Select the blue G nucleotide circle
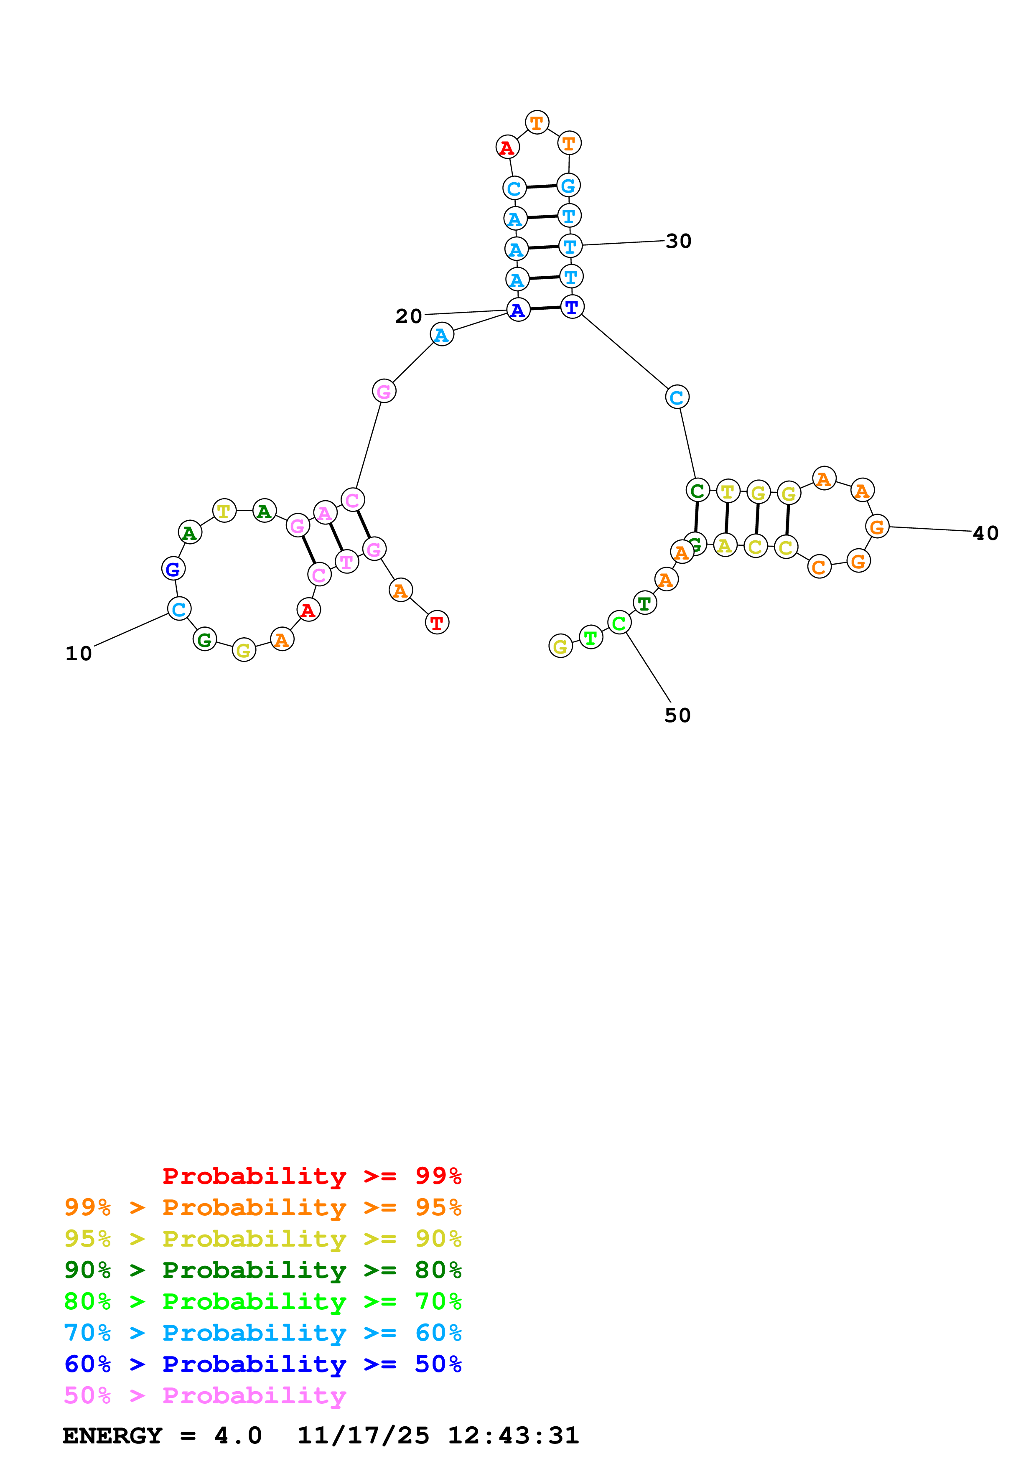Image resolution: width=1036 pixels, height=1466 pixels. coord(173,568)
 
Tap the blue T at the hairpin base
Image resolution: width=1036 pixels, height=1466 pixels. coord(572,307)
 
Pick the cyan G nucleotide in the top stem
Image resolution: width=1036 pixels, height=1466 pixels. coord(568,186)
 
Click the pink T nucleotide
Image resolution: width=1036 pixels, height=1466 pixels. coord(346,562)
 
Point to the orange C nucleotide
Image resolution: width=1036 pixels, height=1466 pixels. coord(819,566)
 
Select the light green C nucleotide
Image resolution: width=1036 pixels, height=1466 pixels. coord(619,623)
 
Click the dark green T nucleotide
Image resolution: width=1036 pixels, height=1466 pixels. coord(645,602)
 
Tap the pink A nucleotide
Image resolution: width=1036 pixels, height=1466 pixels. coord(325,513)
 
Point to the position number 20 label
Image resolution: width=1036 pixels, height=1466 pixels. coord(409,316)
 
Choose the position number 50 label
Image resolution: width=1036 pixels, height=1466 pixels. coord(677,715)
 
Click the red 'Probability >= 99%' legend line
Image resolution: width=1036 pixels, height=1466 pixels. coord(311,1176)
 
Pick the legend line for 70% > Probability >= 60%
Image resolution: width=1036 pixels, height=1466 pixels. coord(262,1333)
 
